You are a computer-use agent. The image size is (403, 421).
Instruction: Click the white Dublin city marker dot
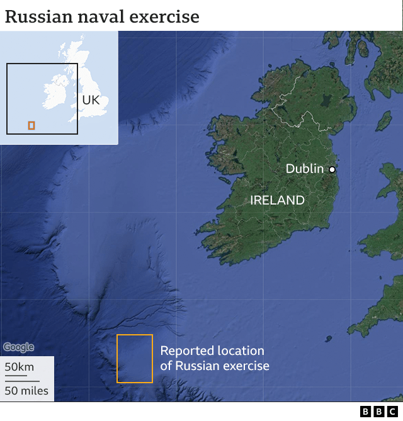point(332,169)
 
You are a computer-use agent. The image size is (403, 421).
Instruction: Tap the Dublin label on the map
point(304,169)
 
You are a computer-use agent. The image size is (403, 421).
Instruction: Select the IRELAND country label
point(277,200)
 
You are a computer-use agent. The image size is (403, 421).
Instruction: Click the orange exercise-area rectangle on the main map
point(135,359)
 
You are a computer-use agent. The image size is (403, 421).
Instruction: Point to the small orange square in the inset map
point(31,126)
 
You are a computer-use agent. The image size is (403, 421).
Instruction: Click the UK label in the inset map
point(91,100)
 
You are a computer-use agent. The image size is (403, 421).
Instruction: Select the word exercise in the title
point(165,16)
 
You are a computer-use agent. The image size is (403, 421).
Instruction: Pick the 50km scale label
point(20,367)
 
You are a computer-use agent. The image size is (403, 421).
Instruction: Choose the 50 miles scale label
point(26,391)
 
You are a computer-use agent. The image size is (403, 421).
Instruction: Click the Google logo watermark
point(18,347)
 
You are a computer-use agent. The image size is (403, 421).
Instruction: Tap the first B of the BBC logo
point(366,412)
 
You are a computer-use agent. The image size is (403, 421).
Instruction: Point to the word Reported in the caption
point(186,351)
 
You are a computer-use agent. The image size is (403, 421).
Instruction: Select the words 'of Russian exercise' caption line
point(215,366)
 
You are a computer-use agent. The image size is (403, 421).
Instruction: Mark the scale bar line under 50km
point(16,376)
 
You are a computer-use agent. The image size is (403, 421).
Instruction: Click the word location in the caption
point(239,351)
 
